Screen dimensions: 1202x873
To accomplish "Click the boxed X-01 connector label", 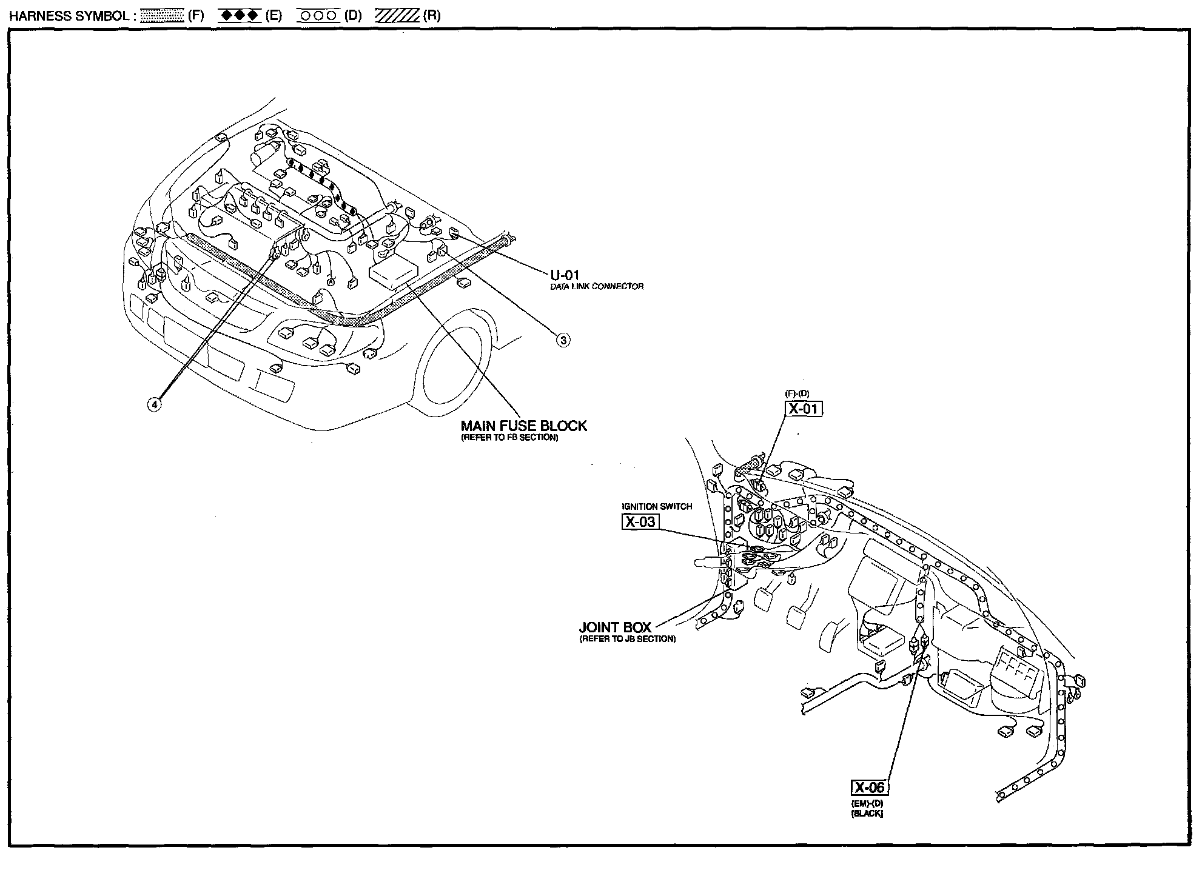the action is point(804,409).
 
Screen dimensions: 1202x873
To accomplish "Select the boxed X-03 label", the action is point(640,521).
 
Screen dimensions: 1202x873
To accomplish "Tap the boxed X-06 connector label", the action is point(870,788).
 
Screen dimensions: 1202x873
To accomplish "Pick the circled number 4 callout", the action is point(155,404).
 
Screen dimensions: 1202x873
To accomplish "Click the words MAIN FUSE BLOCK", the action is point(524,426).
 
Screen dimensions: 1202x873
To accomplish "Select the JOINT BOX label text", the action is point(615,627).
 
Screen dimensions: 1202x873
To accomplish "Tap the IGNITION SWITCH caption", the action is point(657,506).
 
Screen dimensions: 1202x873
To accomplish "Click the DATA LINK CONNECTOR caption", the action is point(597,286).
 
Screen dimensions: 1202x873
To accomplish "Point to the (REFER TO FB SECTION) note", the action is point(509,437).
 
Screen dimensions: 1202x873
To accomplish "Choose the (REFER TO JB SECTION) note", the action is point(627,638).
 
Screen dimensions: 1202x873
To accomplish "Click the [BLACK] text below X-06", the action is point(867,814).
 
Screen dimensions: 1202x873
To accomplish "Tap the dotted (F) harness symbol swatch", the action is point(162,16).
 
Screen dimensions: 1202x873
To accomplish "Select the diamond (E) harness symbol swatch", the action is point(240,16).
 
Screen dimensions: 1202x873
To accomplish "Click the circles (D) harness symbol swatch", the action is point(318,16).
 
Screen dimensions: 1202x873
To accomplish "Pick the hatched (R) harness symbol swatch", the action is point(397,16).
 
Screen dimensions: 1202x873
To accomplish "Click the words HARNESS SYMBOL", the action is point(68,16).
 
